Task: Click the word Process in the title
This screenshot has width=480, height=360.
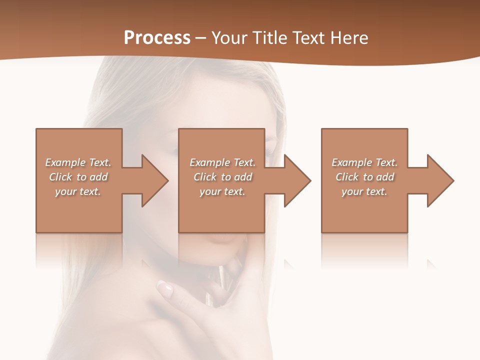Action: [x=157, y=38]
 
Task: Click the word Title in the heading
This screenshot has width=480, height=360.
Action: [x=268, y=38]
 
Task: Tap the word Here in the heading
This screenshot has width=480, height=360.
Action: [x=349, y=38]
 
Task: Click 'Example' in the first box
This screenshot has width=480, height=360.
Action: [x=65, y=162]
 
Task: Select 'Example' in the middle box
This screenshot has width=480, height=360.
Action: [x=209, y=162]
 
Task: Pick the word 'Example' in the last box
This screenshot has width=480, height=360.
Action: [x=351, y=162]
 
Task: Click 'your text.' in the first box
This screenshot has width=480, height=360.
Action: [x=77, y=191]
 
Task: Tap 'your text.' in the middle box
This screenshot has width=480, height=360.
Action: [x=222, y=191]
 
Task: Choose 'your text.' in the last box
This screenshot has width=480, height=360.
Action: [x=364, y=191]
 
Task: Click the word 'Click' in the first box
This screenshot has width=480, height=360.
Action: [x=60, y=177]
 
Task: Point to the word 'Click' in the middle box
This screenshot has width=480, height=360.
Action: [x=205, y=177]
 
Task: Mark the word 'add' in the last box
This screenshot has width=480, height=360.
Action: [x=385, y=177]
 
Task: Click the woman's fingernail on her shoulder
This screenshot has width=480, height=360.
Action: [x=164, y=287]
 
